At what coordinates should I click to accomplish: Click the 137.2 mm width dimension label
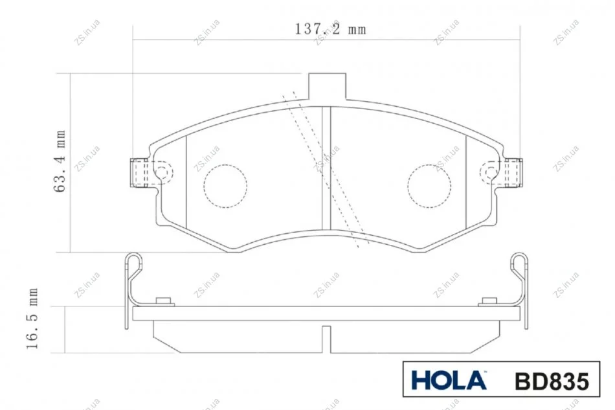(x=330, y=29)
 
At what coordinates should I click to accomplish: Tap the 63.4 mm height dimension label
(x=60, y=161)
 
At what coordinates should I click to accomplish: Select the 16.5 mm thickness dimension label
(x=32, y=319)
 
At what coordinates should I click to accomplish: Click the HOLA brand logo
(x=449, y=380)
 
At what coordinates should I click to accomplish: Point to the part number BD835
(x=552, y=381)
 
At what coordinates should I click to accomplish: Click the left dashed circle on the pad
(x=225, y=186)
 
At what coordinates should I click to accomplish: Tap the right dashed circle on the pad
(x=429, y=186)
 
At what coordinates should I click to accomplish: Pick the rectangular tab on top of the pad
(x=328, y=86)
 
